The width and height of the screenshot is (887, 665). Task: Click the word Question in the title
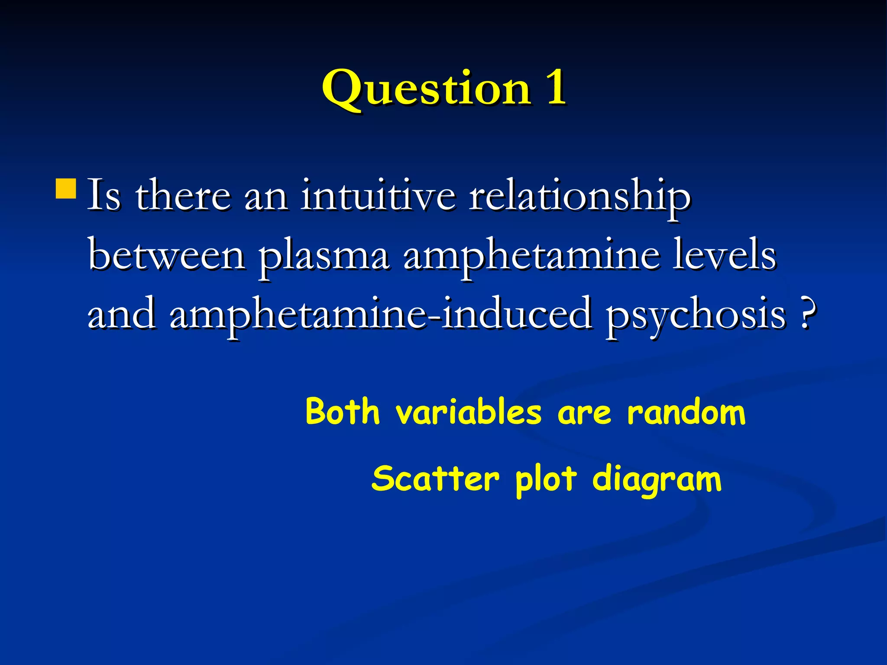(x=426, y=89)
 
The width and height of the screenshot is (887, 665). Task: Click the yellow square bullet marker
(x=66, y=188)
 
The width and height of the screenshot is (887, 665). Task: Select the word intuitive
(x=378, y=196)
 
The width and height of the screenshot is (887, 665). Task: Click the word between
(x=166, y=255)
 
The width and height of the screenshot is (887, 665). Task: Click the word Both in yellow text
(x=343, y=411)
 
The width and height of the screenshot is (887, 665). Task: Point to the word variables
(x=469, y=411)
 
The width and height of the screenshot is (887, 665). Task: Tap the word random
(x=686, y=412)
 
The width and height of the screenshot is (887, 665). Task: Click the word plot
(x=546, y=480)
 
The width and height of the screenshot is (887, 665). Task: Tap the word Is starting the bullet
(x=104, y=195)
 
